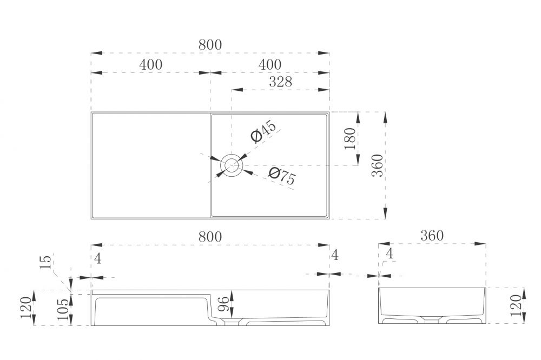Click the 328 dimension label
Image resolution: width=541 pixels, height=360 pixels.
click(x=280, y=82)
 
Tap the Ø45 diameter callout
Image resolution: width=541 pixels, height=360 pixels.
click(x=264, y=131)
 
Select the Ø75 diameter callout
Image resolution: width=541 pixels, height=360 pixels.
click(x=282, y=176)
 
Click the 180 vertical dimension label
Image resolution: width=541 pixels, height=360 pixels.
click(x=350, y=138)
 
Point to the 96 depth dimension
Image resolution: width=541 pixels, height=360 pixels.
click(x=223, y=304)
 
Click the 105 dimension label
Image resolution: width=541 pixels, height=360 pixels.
click(x=63, y=309)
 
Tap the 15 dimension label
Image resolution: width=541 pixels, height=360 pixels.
click(x=46, y=262)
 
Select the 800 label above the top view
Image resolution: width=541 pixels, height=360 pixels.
click(x=210, y=45)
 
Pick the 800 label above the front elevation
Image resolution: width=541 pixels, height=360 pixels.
click(x=210, y=237)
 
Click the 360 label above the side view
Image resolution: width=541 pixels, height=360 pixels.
click(x=432, y=236)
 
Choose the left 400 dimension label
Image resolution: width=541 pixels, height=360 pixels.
click(x=151, y=64)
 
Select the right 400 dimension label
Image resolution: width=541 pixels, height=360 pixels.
click(x=270, y=64)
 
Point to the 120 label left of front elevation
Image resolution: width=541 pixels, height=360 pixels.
click(x=27, y=308)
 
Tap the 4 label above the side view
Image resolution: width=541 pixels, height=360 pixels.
click(x=390, y=254)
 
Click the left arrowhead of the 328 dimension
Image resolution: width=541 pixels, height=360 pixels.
click(x=237, y=90)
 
